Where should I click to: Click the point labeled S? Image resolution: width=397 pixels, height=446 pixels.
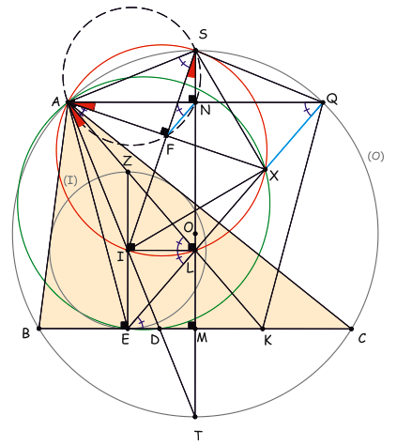(195, 50)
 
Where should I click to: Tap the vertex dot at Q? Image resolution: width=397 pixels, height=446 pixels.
(323, 102)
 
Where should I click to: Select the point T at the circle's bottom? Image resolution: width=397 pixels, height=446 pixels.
(195, 417)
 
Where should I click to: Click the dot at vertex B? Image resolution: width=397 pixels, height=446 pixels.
(38, 329)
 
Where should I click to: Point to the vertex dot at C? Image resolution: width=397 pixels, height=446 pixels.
(351, 329)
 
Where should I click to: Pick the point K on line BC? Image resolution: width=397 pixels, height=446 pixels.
(263, 329)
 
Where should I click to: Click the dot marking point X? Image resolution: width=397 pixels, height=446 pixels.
(266, 169)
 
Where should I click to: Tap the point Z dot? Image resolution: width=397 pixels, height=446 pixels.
(128, 172)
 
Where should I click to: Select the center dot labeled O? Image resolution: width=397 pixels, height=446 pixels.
(195, 234)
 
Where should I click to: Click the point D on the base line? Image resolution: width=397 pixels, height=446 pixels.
(160, 329)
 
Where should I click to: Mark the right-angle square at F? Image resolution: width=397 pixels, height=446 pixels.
(164, 131)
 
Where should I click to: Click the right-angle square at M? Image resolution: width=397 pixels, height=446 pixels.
(191, 325)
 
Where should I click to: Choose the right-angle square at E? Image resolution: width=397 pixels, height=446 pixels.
(125, 325)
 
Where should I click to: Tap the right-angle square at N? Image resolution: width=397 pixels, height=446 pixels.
(192, 99)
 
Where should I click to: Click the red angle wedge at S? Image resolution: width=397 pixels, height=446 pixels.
(192, 70)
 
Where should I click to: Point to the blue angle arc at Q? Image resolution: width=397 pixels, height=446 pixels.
(307, 110)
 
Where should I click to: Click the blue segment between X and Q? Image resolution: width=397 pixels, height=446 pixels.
(294, 136)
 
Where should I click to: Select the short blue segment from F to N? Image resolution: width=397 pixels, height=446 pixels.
(181, 118)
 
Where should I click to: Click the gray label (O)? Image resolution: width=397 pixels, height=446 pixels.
(375, 156)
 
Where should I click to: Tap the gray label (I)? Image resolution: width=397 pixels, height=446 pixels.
(70, 180)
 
